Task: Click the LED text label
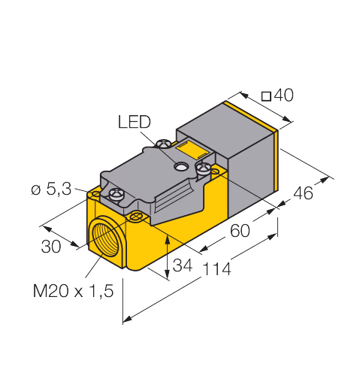tap(134, 122)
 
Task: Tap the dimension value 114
tap(216, 268)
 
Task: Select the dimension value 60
tap(240, 231)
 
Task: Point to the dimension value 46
tap(303, 192)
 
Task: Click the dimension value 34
tap(183, 265)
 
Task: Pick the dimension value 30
tap(51, 246)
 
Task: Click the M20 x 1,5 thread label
tap(73, 291)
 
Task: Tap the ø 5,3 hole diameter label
tap(51, 189)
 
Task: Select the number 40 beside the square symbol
tap(283, 95)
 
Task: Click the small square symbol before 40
tap(266, 96)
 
